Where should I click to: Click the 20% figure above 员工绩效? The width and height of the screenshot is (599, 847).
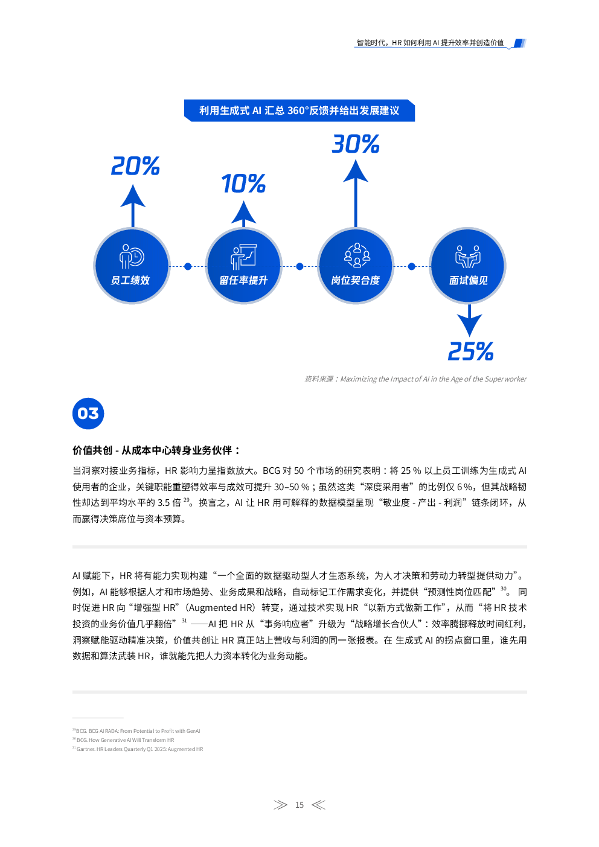[135, 166]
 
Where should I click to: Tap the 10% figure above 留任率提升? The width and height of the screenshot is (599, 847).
[243, 184]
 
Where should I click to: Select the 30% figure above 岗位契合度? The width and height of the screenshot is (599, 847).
[356, 144]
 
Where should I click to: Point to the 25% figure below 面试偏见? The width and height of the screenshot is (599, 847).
[470, 351]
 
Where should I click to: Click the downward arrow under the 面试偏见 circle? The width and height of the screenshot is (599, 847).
[469, 321]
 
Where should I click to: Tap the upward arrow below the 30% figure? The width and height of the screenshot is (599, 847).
[356, 193]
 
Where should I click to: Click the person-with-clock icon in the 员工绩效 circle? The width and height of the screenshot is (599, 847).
[132, 257]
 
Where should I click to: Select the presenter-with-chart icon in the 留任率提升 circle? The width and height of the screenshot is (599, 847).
[243, 257]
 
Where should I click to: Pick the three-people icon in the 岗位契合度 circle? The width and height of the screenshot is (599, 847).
[357, 255]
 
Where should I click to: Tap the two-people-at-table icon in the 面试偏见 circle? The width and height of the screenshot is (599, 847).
[468, 257]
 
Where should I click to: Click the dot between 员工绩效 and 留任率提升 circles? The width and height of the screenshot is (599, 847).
[188, 267]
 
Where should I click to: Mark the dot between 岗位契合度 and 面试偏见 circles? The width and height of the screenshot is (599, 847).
[412, 267]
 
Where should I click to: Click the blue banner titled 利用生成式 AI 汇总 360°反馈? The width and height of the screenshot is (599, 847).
[299, 110]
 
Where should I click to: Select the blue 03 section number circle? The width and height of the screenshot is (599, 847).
[88, 414]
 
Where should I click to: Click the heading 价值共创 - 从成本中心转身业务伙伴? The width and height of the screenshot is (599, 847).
[156, 450]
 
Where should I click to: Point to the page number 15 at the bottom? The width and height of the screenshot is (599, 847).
[299, 805]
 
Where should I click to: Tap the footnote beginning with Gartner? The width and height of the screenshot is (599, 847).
[138, 749]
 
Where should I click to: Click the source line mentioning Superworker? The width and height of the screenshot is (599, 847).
[415, 379]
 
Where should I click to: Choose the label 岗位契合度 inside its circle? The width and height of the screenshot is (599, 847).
[356, 280]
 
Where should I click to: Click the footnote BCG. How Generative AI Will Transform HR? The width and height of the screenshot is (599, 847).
[123, 740]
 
